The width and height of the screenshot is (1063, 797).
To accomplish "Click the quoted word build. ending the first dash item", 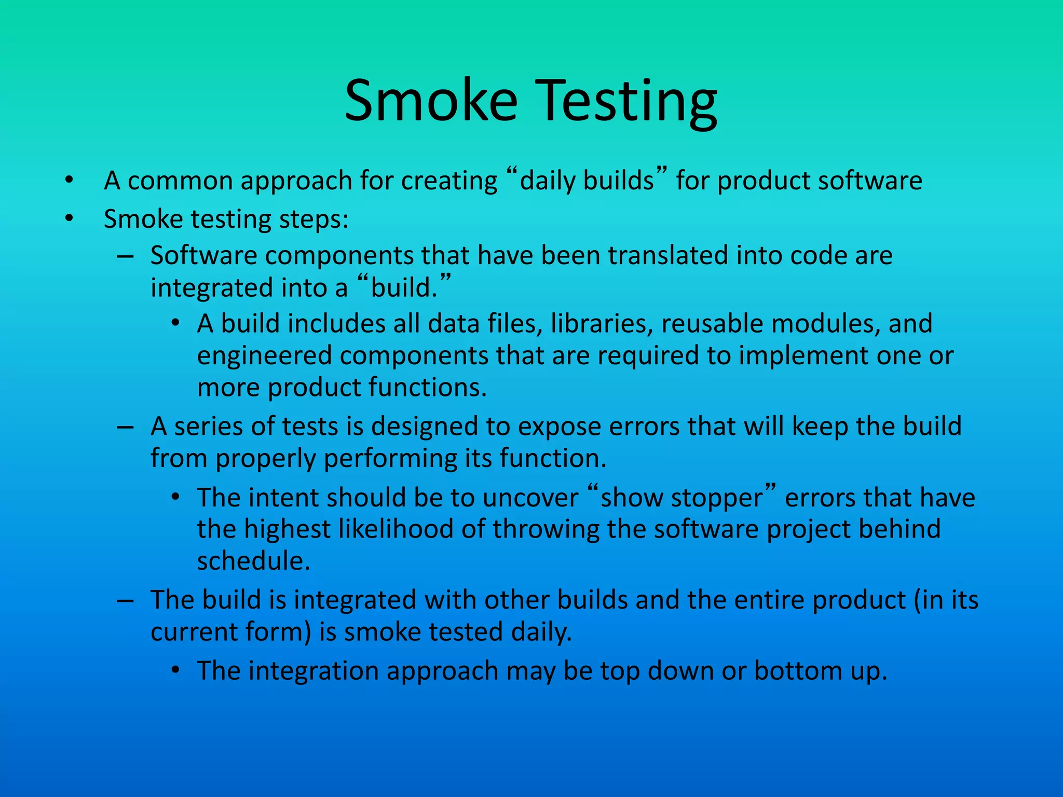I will point(404,288).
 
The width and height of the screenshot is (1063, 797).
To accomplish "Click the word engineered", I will point(264,356).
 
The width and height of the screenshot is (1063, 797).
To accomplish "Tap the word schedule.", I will point(253,561).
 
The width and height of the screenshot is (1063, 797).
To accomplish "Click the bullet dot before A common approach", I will point(69,181).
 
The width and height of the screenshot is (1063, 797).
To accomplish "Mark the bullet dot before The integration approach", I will point(176,671).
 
